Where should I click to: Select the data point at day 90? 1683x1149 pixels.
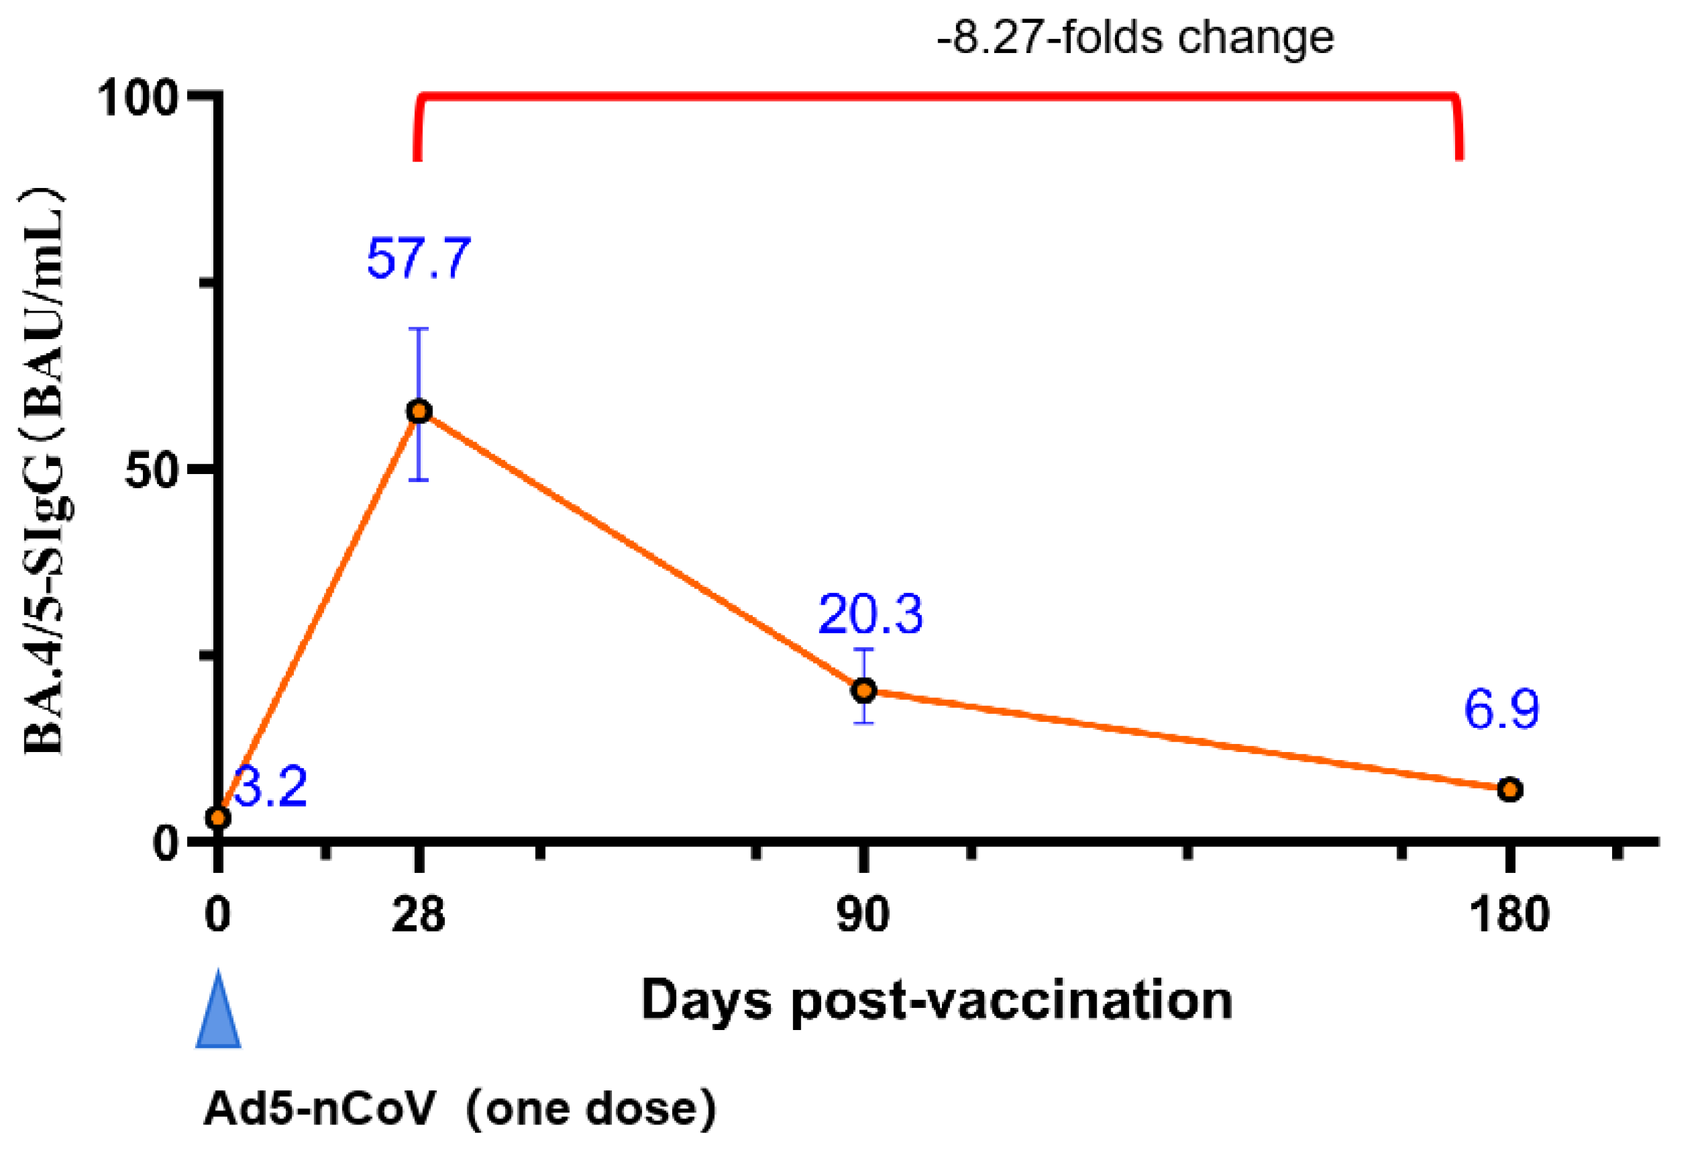point(864,690)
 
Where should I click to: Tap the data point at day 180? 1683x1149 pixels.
point(1510,789)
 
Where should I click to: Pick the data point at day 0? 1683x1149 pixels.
point(218,818)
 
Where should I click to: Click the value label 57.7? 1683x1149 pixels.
point(418,259)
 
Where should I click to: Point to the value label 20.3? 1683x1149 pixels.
point(870,615)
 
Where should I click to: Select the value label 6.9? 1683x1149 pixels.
point(1501,709)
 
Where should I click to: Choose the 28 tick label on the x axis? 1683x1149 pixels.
point(418,914)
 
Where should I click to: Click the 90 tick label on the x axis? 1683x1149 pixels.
point(863,914)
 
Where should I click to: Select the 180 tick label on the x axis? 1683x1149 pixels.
point(1509,914)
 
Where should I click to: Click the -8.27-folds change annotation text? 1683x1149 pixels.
point(1135,38)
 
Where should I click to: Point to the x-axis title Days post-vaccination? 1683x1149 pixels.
point(936,1000)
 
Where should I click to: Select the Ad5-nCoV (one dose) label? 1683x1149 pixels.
point(460,1109)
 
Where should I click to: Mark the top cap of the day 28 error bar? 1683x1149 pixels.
point(418,329)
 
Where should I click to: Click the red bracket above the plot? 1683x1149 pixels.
point(938,95)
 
